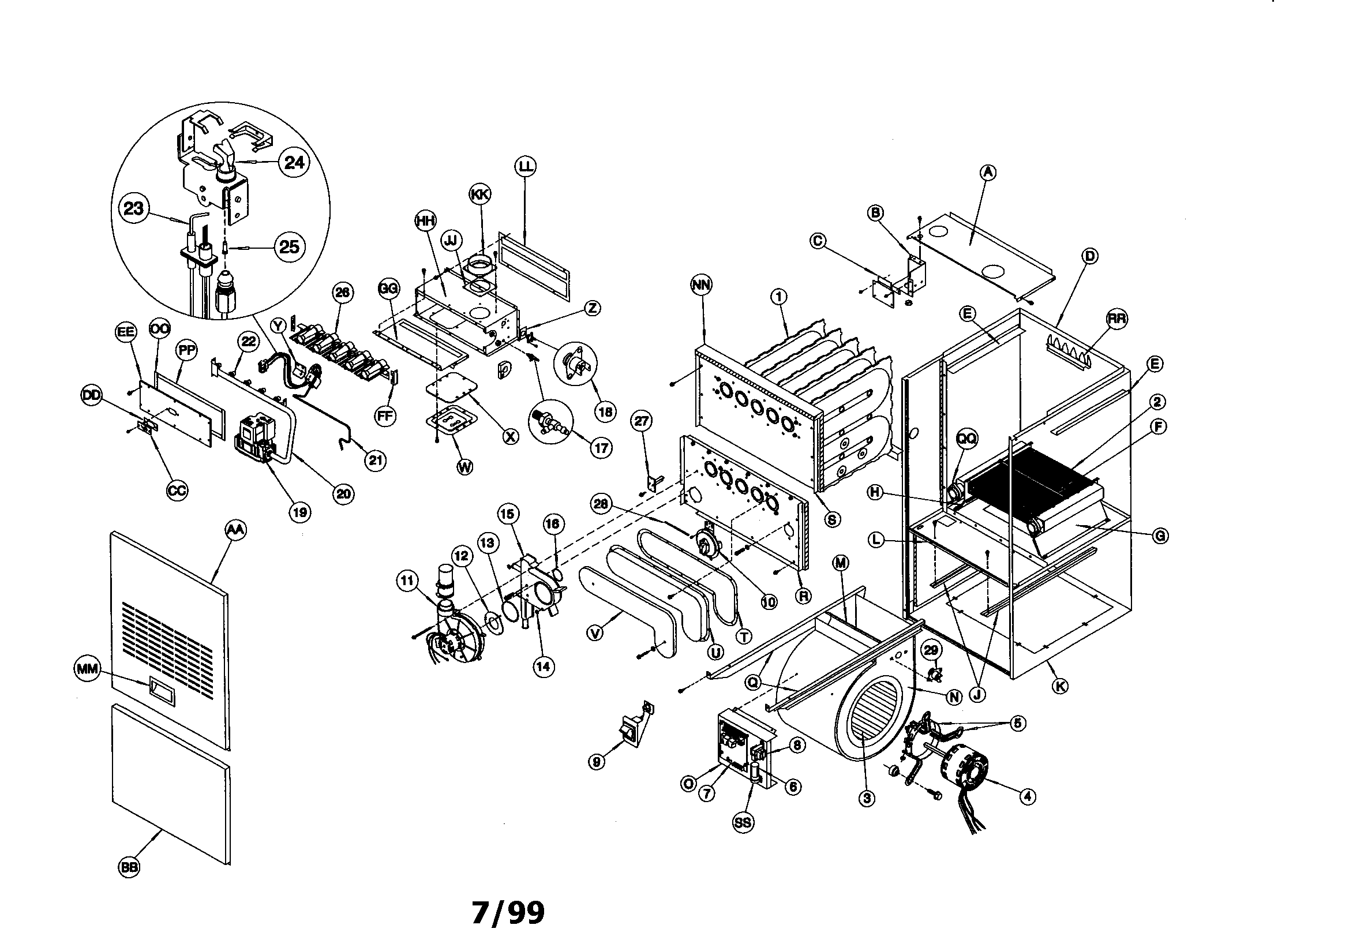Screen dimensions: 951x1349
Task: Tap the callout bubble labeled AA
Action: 235,530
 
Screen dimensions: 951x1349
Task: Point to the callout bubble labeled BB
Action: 129,867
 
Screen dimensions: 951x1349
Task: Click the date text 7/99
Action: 508,913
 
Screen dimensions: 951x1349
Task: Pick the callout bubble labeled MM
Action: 89,668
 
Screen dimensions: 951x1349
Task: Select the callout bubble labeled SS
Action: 743,822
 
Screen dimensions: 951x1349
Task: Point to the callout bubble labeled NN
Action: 702,285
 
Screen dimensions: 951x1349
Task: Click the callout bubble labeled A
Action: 988,172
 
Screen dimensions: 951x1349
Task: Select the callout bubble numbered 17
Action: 601,448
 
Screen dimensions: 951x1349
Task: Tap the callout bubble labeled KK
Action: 480,194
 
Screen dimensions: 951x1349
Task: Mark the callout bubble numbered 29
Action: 931,650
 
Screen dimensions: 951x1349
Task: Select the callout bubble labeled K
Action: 1060,686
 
